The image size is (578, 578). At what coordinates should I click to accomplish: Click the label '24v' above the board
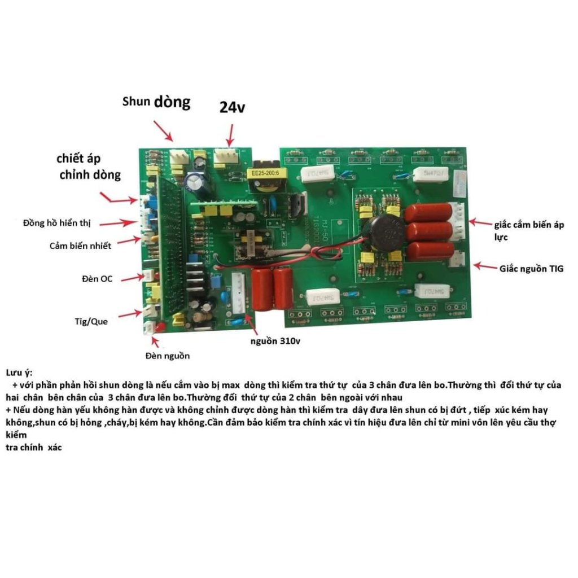click(x=232, y=107)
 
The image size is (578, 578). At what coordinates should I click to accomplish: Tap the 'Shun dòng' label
click(x=156, y=102)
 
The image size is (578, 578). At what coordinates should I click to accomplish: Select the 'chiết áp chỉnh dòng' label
click(x=89, y=167)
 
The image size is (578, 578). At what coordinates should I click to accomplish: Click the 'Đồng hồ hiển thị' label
click(x=57, y=223)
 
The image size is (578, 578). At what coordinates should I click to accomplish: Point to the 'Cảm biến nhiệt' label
click(x=80, y=246)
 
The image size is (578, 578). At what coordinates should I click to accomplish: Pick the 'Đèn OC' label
click(x=97, y=279)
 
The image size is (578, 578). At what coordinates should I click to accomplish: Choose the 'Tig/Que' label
click(x=91, y=321)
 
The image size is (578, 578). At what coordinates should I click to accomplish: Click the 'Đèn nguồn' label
click(x=167, y=356)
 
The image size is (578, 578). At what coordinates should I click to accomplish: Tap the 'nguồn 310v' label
click(x=275, y=341)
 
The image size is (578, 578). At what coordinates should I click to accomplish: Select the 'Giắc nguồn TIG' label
click(x=531, y=269)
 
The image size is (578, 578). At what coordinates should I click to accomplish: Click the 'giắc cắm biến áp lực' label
click(x=529, y=230)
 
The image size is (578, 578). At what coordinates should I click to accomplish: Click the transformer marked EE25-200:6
click(x=265, y=176)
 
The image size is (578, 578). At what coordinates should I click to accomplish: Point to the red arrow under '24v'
click(x=231, y=135)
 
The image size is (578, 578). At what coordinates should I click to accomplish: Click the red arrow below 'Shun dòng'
click(x=163, y=131)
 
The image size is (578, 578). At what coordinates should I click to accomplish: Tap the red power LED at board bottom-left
click(x=160, y=327)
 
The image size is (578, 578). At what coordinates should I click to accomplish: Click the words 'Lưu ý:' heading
click(x=19, y=373)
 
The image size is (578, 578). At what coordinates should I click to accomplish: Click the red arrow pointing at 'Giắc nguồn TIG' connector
click(x=485, y=266)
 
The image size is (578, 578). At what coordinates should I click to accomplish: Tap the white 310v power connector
click(x=238, y=294)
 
